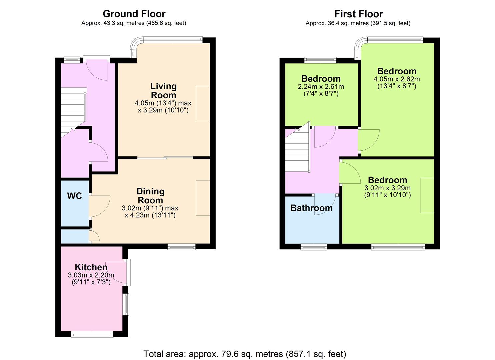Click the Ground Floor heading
pos(134,14)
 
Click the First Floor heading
pos(359,14)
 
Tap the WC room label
pos(74,196)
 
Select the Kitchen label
pos(91,267)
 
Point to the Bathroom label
pos(311,208)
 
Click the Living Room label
pos(164,91)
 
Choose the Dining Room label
pos(150,196)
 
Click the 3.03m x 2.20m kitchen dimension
pos(91,275)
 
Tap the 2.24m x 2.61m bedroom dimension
pos(321,87)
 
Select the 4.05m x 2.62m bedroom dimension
pos(397,79)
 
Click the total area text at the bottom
pos(245,354)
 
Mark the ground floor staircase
pos(73,113)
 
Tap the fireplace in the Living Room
pos(203,103)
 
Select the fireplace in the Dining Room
pos(203,198)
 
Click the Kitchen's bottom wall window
pos(92,334)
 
